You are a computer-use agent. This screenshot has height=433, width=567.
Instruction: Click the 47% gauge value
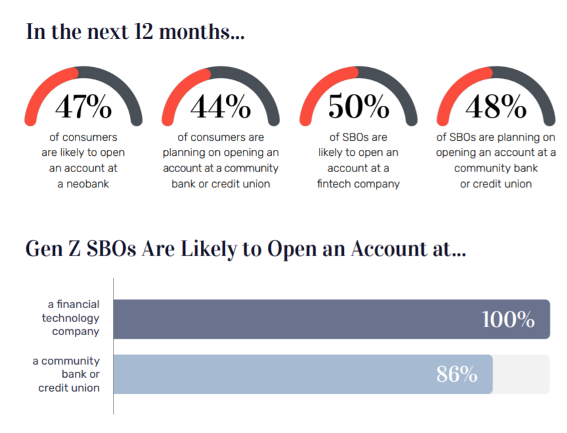tap(83, 106)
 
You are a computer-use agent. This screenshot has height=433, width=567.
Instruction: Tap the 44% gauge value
tap(220, 106)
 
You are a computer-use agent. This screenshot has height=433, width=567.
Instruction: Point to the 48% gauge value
tap(495, 106)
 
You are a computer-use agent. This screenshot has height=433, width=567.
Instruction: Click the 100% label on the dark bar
tap(509, 319)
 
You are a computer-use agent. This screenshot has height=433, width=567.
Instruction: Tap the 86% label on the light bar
tap(457, 374)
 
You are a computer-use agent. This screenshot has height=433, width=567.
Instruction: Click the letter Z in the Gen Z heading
tap(75, 249)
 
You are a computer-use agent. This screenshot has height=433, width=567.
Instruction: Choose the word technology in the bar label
tap(70, 319)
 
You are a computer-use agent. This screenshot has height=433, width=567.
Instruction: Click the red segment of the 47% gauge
tap(43, 87)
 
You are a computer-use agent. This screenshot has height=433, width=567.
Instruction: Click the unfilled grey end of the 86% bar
tap(521, 375)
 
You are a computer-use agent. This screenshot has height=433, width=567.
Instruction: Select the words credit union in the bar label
tap(69, 388)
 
